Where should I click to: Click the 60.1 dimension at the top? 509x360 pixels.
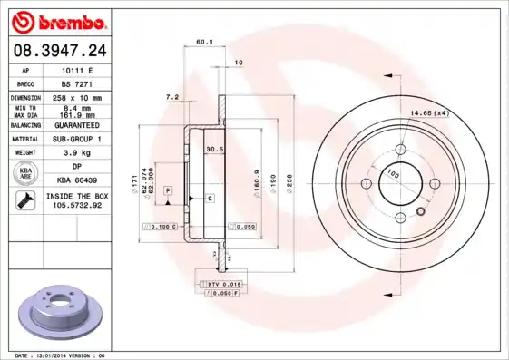[204, 43]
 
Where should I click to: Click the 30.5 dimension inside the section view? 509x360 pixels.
[214, 149]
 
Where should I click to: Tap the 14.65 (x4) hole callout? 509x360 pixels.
[430, 112]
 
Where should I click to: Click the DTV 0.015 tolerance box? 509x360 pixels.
[221, 286]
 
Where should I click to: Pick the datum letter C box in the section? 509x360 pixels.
[209, 198]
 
